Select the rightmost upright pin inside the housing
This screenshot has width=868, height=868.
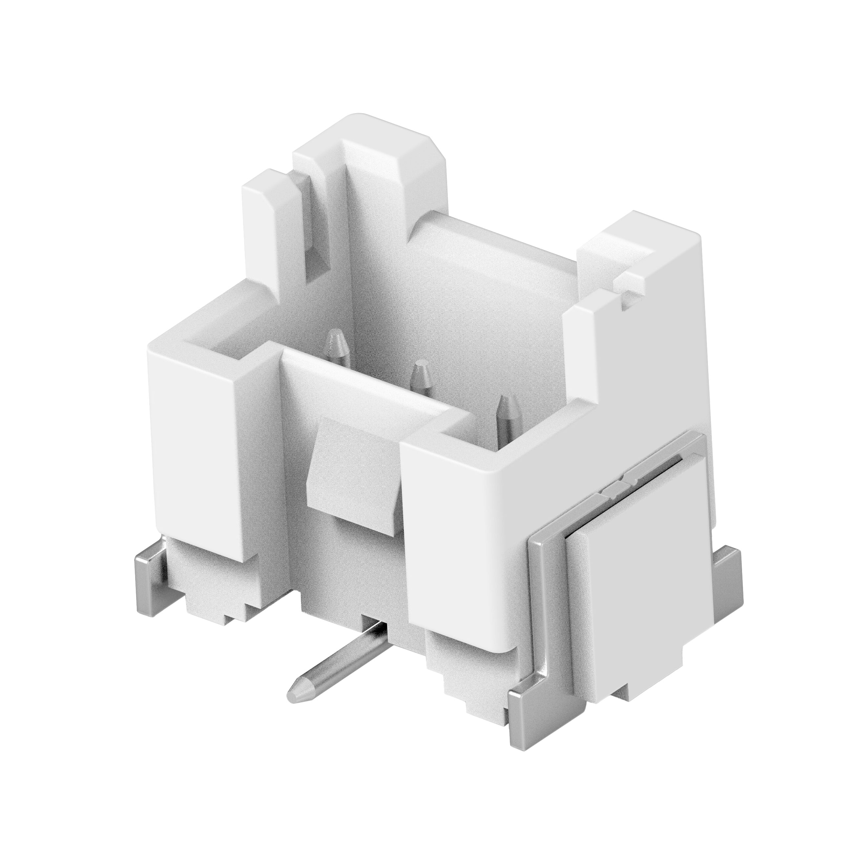click(x=506, y=411)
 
